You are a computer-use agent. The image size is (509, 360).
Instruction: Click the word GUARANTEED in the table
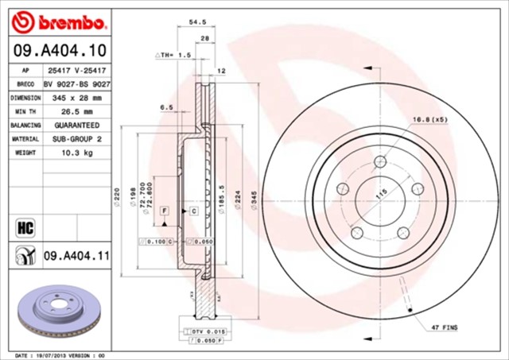coord(77,125)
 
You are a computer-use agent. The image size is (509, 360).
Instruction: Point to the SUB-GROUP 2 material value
coord(77,138)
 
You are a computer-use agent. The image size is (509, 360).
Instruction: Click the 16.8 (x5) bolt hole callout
coord(429,120)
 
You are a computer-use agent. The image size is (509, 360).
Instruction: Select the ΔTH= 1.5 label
coord(173,56)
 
